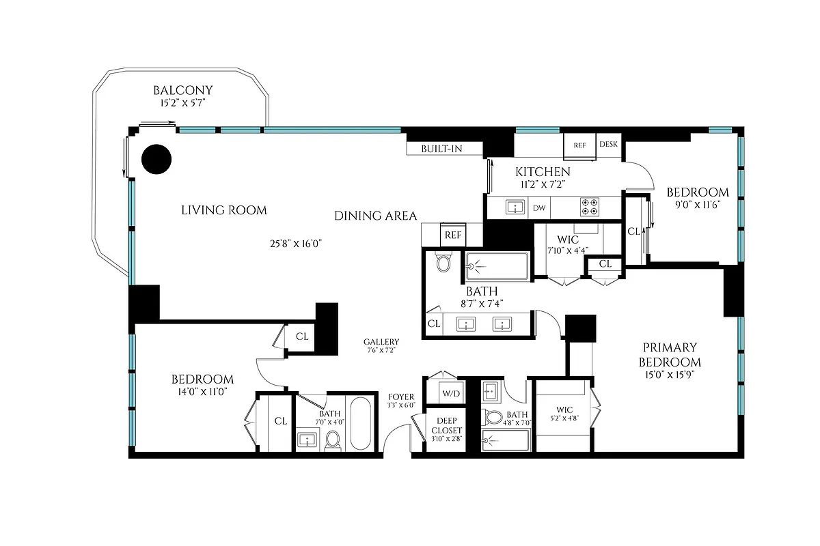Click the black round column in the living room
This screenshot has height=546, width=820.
click(156, 159)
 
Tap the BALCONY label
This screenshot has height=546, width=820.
click(182, 90)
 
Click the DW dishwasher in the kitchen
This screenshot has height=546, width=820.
click(539, 207)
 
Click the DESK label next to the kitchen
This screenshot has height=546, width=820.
click(608, 145)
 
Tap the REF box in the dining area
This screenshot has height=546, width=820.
click(453, 235)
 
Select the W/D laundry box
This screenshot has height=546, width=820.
click(450, 394)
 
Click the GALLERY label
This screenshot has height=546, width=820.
click(381, 342)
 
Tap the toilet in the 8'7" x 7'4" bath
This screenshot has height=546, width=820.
click(443, 263)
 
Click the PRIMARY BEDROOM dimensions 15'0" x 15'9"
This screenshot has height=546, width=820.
click(670, 375)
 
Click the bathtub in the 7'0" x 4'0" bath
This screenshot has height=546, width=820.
click(360, 424)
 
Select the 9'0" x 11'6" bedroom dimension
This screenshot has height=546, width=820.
click(697, 204)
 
